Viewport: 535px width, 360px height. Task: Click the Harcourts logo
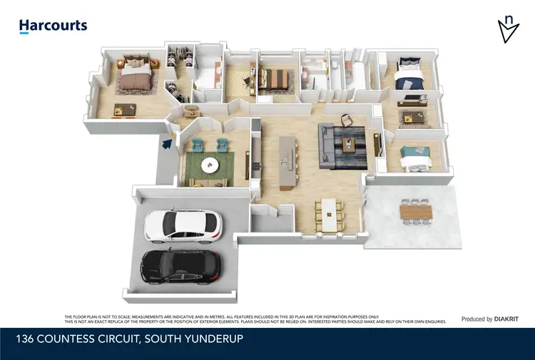(x=53, y=26)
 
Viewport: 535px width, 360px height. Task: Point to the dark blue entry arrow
(x=167, y=144)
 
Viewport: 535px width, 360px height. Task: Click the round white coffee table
(x=210, y=165)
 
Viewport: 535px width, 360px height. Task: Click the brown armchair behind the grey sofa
(x=347, y=119)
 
